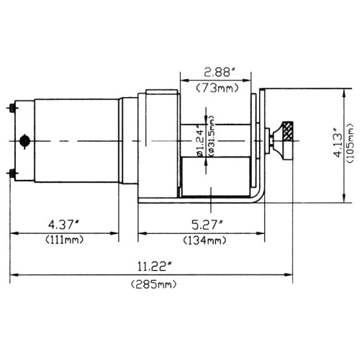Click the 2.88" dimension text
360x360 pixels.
(x=220, y=72)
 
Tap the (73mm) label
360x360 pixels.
(x=217, y=89)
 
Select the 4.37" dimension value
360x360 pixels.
(x=63, y=225)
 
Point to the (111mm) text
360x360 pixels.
(x=64, y=240)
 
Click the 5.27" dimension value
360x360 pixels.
(x=207, y=225)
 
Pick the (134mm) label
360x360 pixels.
(x=204, y=240)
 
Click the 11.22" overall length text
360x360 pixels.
(x=155, y=266)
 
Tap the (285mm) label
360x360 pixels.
(x=154, y=284)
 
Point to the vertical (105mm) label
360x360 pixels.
(x=351, y=143)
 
